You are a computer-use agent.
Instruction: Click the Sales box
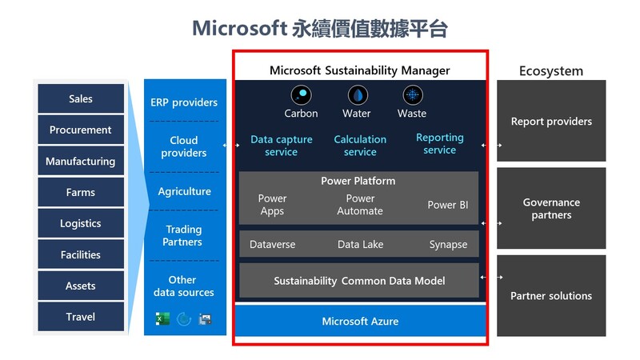coord(81,98)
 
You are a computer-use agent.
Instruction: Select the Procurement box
coord(81,130)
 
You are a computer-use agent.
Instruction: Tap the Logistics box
coord(81,223)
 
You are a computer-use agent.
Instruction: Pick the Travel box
coord(81,317)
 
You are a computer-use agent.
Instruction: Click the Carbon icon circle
coord(302,95)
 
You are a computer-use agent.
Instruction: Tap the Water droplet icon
coord(358,95)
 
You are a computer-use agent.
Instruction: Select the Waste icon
coord(413,95)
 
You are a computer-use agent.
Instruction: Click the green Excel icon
coord(162,318)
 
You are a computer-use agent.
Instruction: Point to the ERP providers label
coord(184,102)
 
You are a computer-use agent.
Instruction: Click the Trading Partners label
coord(182,235)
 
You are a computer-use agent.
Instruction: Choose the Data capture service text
coord(282,146)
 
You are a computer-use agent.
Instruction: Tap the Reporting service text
coord(439,144)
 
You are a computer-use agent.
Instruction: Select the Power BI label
coord(448,205)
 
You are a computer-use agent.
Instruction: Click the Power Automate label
coord(360,205)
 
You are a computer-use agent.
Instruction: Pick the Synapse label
coord(448,245)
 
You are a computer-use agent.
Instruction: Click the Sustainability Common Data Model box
coord(358,281)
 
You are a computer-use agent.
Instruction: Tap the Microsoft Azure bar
coord(361,321)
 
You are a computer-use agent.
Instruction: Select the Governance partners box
coord(551,208)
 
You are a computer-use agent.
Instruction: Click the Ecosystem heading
coord(551,71)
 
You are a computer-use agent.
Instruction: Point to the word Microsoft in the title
coord(239,29)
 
